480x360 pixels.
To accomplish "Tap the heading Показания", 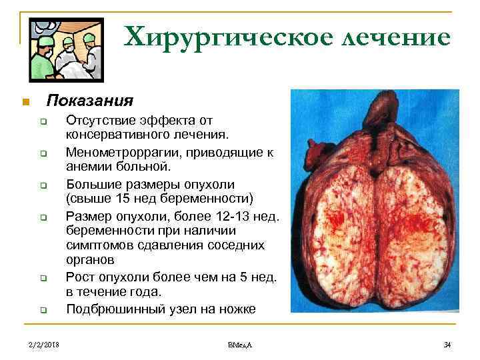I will [89, 101].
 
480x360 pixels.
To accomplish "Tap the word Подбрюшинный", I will [107, 309].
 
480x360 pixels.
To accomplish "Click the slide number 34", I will [447, 344].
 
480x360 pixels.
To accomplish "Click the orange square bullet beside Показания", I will [25, 102].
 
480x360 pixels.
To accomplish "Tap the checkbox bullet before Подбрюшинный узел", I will [42, 310].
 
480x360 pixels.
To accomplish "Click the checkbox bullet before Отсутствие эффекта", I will [42, 121].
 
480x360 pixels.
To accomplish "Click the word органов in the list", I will [90, 261].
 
